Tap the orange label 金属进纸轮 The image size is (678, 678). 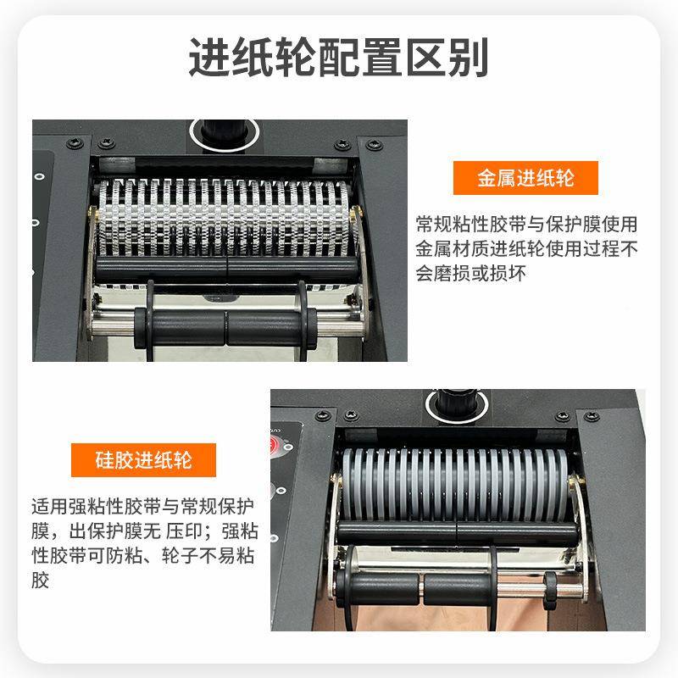(x=525, y=179)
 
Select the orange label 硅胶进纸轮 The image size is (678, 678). (x=143, y=460)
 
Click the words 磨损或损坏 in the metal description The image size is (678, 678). (x=484, y=275)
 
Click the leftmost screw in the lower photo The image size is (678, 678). (x=322, y=414)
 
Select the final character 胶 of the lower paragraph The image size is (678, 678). (x=41, y=581)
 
